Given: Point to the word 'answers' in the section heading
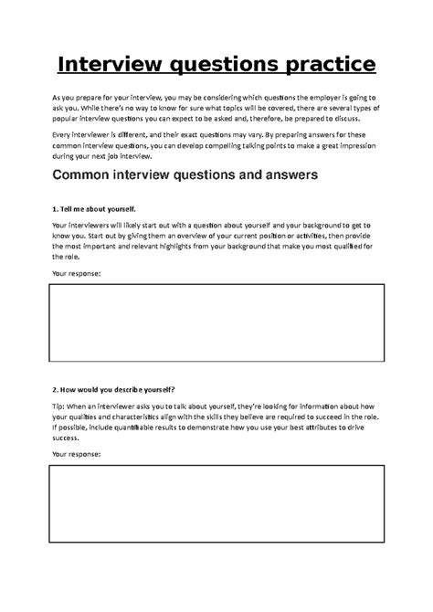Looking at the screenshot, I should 283,175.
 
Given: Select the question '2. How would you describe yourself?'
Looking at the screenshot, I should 114,388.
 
